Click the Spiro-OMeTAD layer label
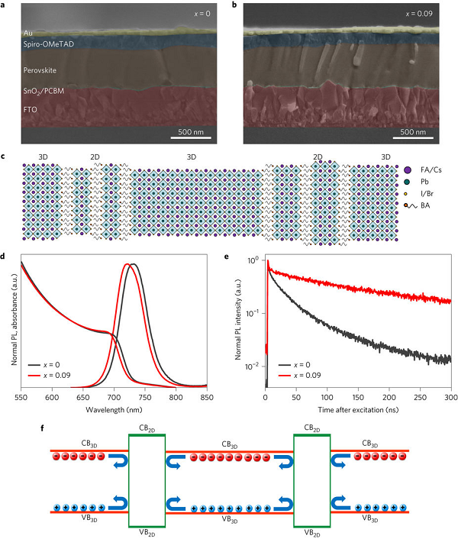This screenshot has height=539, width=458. tap(53, 44)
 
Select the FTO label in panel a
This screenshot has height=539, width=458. tap(32, 110)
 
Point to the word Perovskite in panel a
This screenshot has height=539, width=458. tap(45, 69)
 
